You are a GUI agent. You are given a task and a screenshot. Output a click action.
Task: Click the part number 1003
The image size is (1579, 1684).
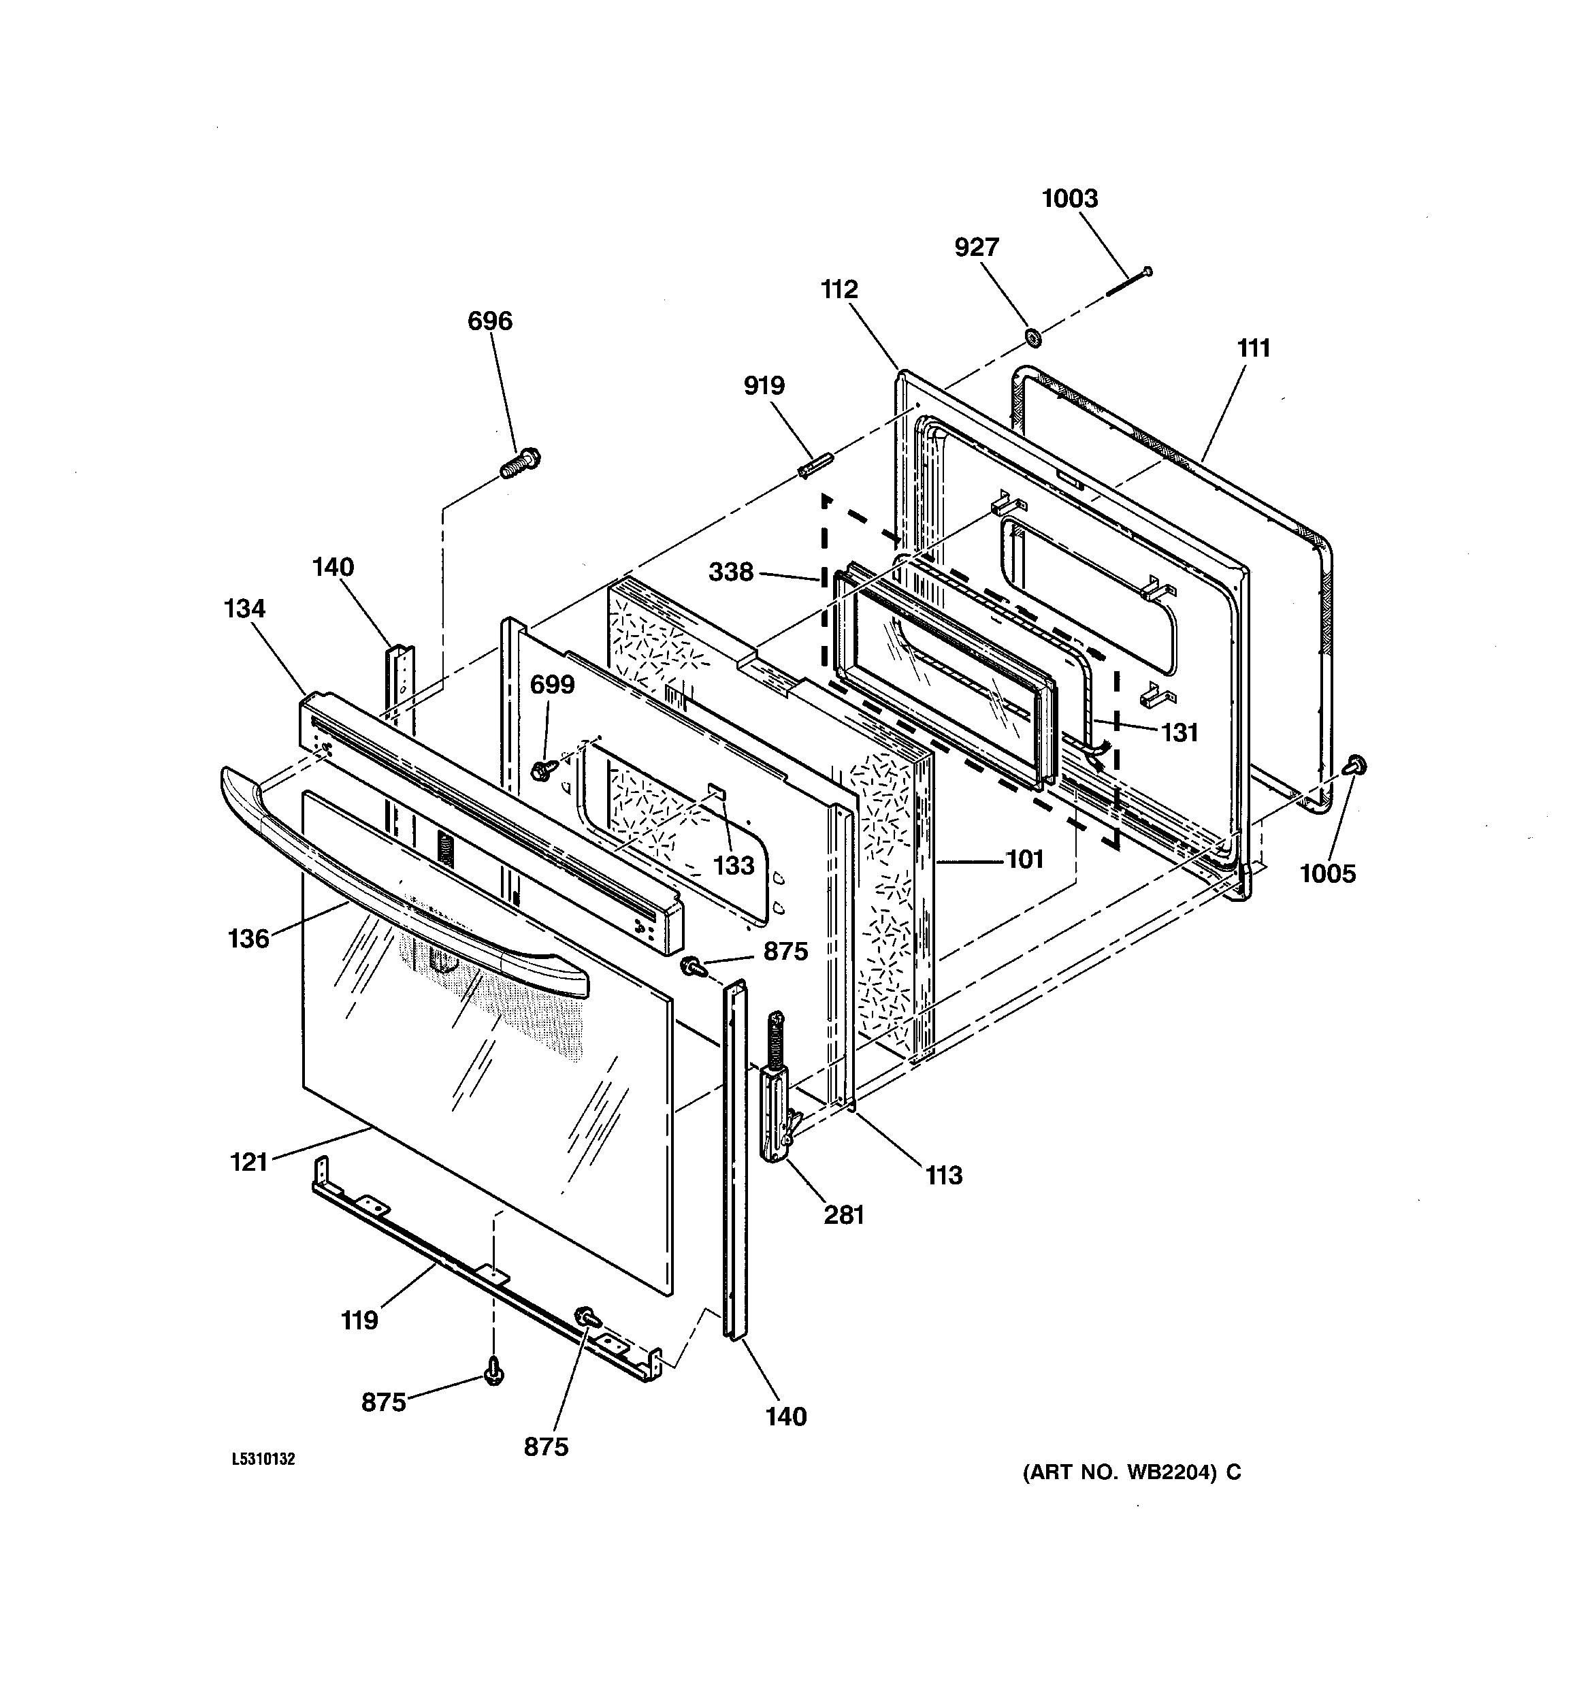click(x=1069, y=198)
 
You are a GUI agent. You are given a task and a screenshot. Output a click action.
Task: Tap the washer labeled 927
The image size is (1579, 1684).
click(x=1032, y=337)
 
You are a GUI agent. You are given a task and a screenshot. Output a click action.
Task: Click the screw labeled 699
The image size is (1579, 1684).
click(x=540, y=770)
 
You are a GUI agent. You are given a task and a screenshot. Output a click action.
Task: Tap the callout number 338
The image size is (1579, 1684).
click(x=731, y=572)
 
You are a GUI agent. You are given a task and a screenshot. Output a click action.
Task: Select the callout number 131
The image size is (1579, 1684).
click(x=1179, y=732)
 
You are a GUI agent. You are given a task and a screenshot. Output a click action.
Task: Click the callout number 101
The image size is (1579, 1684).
click(x=1024, y=859)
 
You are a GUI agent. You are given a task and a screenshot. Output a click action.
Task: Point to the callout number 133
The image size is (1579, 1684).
click(x=734, y=865)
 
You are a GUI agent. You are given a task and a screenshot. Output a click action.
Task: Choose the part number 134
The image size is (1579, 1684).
click(x=245, y=609)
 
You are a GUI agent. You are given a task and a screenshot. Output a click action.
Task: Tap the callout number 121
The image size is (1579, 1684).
click(x=248, y=1161)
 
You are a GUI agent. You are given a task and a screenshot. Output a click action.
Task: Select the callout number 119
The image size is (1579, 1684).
click(x=359, y=1320)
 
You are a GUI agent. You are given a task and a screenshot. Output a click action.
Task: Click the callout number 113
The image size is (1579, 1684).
click(x=944, y=1175)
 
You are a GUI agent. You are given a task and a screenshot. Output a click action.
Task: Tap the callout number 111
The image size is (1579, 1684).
click(x=1254, y=348)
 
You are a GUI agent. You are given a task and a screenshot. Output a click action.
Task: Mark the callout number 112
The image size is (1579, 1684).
click(x=839, y=290)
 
